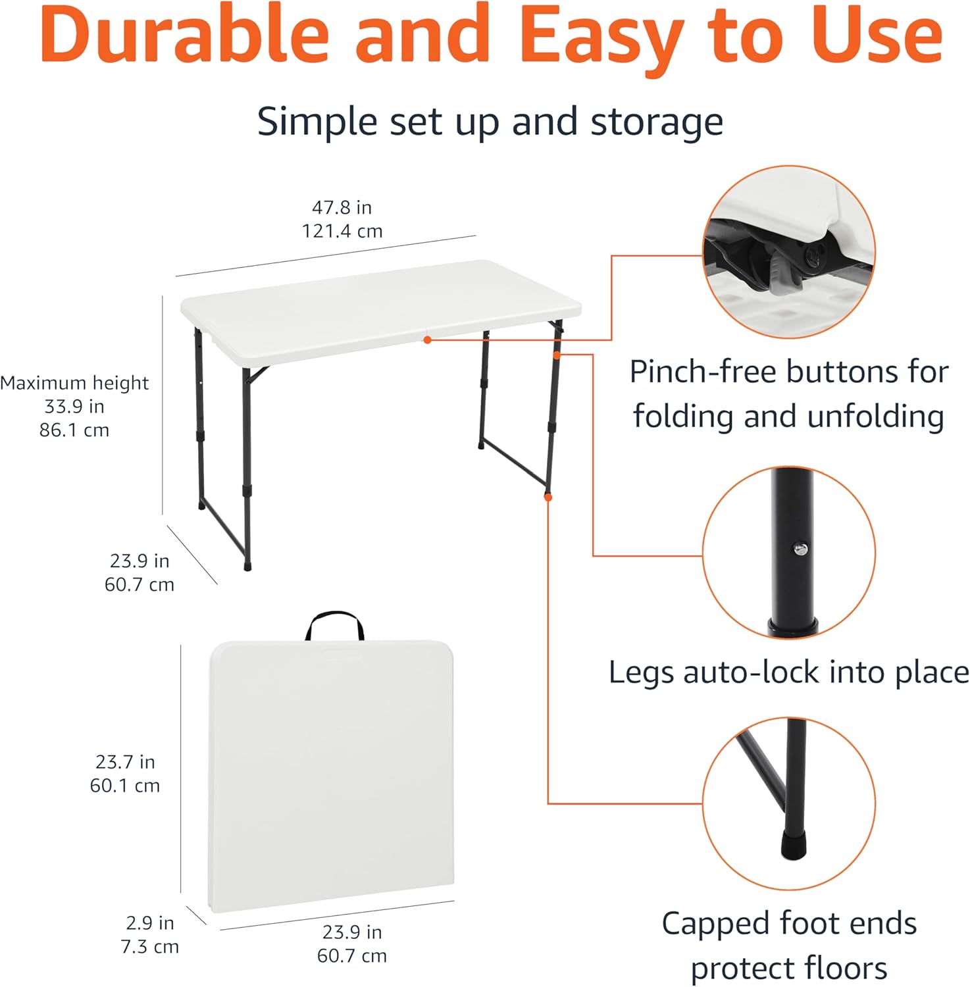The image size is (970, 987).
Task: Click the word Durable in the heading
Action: [x=185, y=34]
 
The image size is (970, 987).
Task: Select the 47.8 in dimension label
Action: [x=342, y=207]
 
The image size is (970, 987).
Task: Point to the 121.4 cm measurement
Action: [x=342, y=231]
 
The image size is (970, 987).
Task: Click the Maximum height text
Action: [x=74, y=383]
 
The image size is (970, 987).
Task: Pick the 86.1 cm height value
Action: [x=74, y=430]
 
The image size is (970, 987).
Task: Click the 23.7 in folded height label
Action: [x=125, y=762]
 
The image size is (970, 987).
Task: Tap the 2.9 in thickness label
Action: [x=150, y=923]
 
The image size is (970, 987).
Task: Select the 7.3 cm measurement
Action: [x=150, y=947]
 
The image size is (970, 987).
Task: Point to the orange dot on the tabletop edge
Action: [x=428, y=340]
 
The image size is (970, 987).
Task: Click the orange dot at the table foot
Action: [x=548, y=497]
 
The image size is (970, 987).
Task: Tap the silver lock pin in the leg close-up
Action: [x=800, y=548]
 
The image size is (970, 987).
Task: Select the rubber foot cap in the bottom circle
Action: [x=793, y=844]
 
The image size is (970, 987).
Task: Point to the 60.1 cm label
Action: [x=125, y=786]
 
